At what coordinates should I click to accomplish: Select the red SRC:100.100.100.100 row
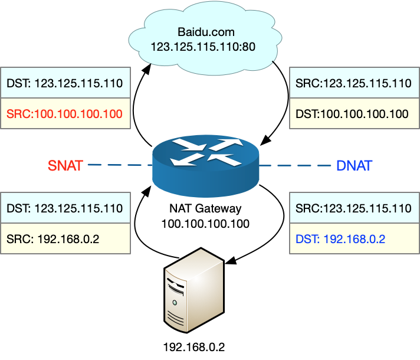click(65, 114)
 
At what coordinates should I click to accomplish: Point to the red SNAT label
click(65, 165)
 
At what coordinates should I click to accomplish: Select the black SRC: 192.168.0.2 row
click(65, 239)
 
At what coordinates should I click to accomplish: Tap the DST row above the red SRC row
click(65, 83)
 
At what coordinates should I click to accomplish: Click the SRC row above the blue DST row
click(354, 208)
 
